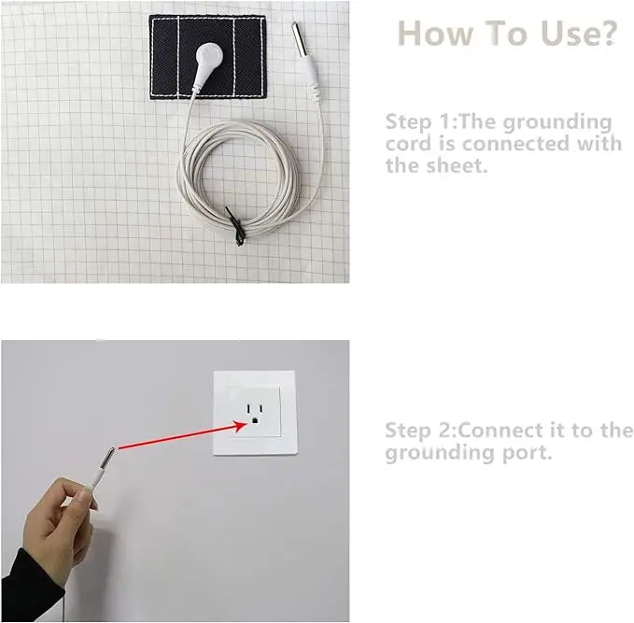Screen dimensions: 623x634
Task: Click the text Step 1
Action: [x=416, y=121]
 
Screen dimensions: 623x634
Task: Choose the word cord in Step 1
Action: [x=408, y=144]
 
